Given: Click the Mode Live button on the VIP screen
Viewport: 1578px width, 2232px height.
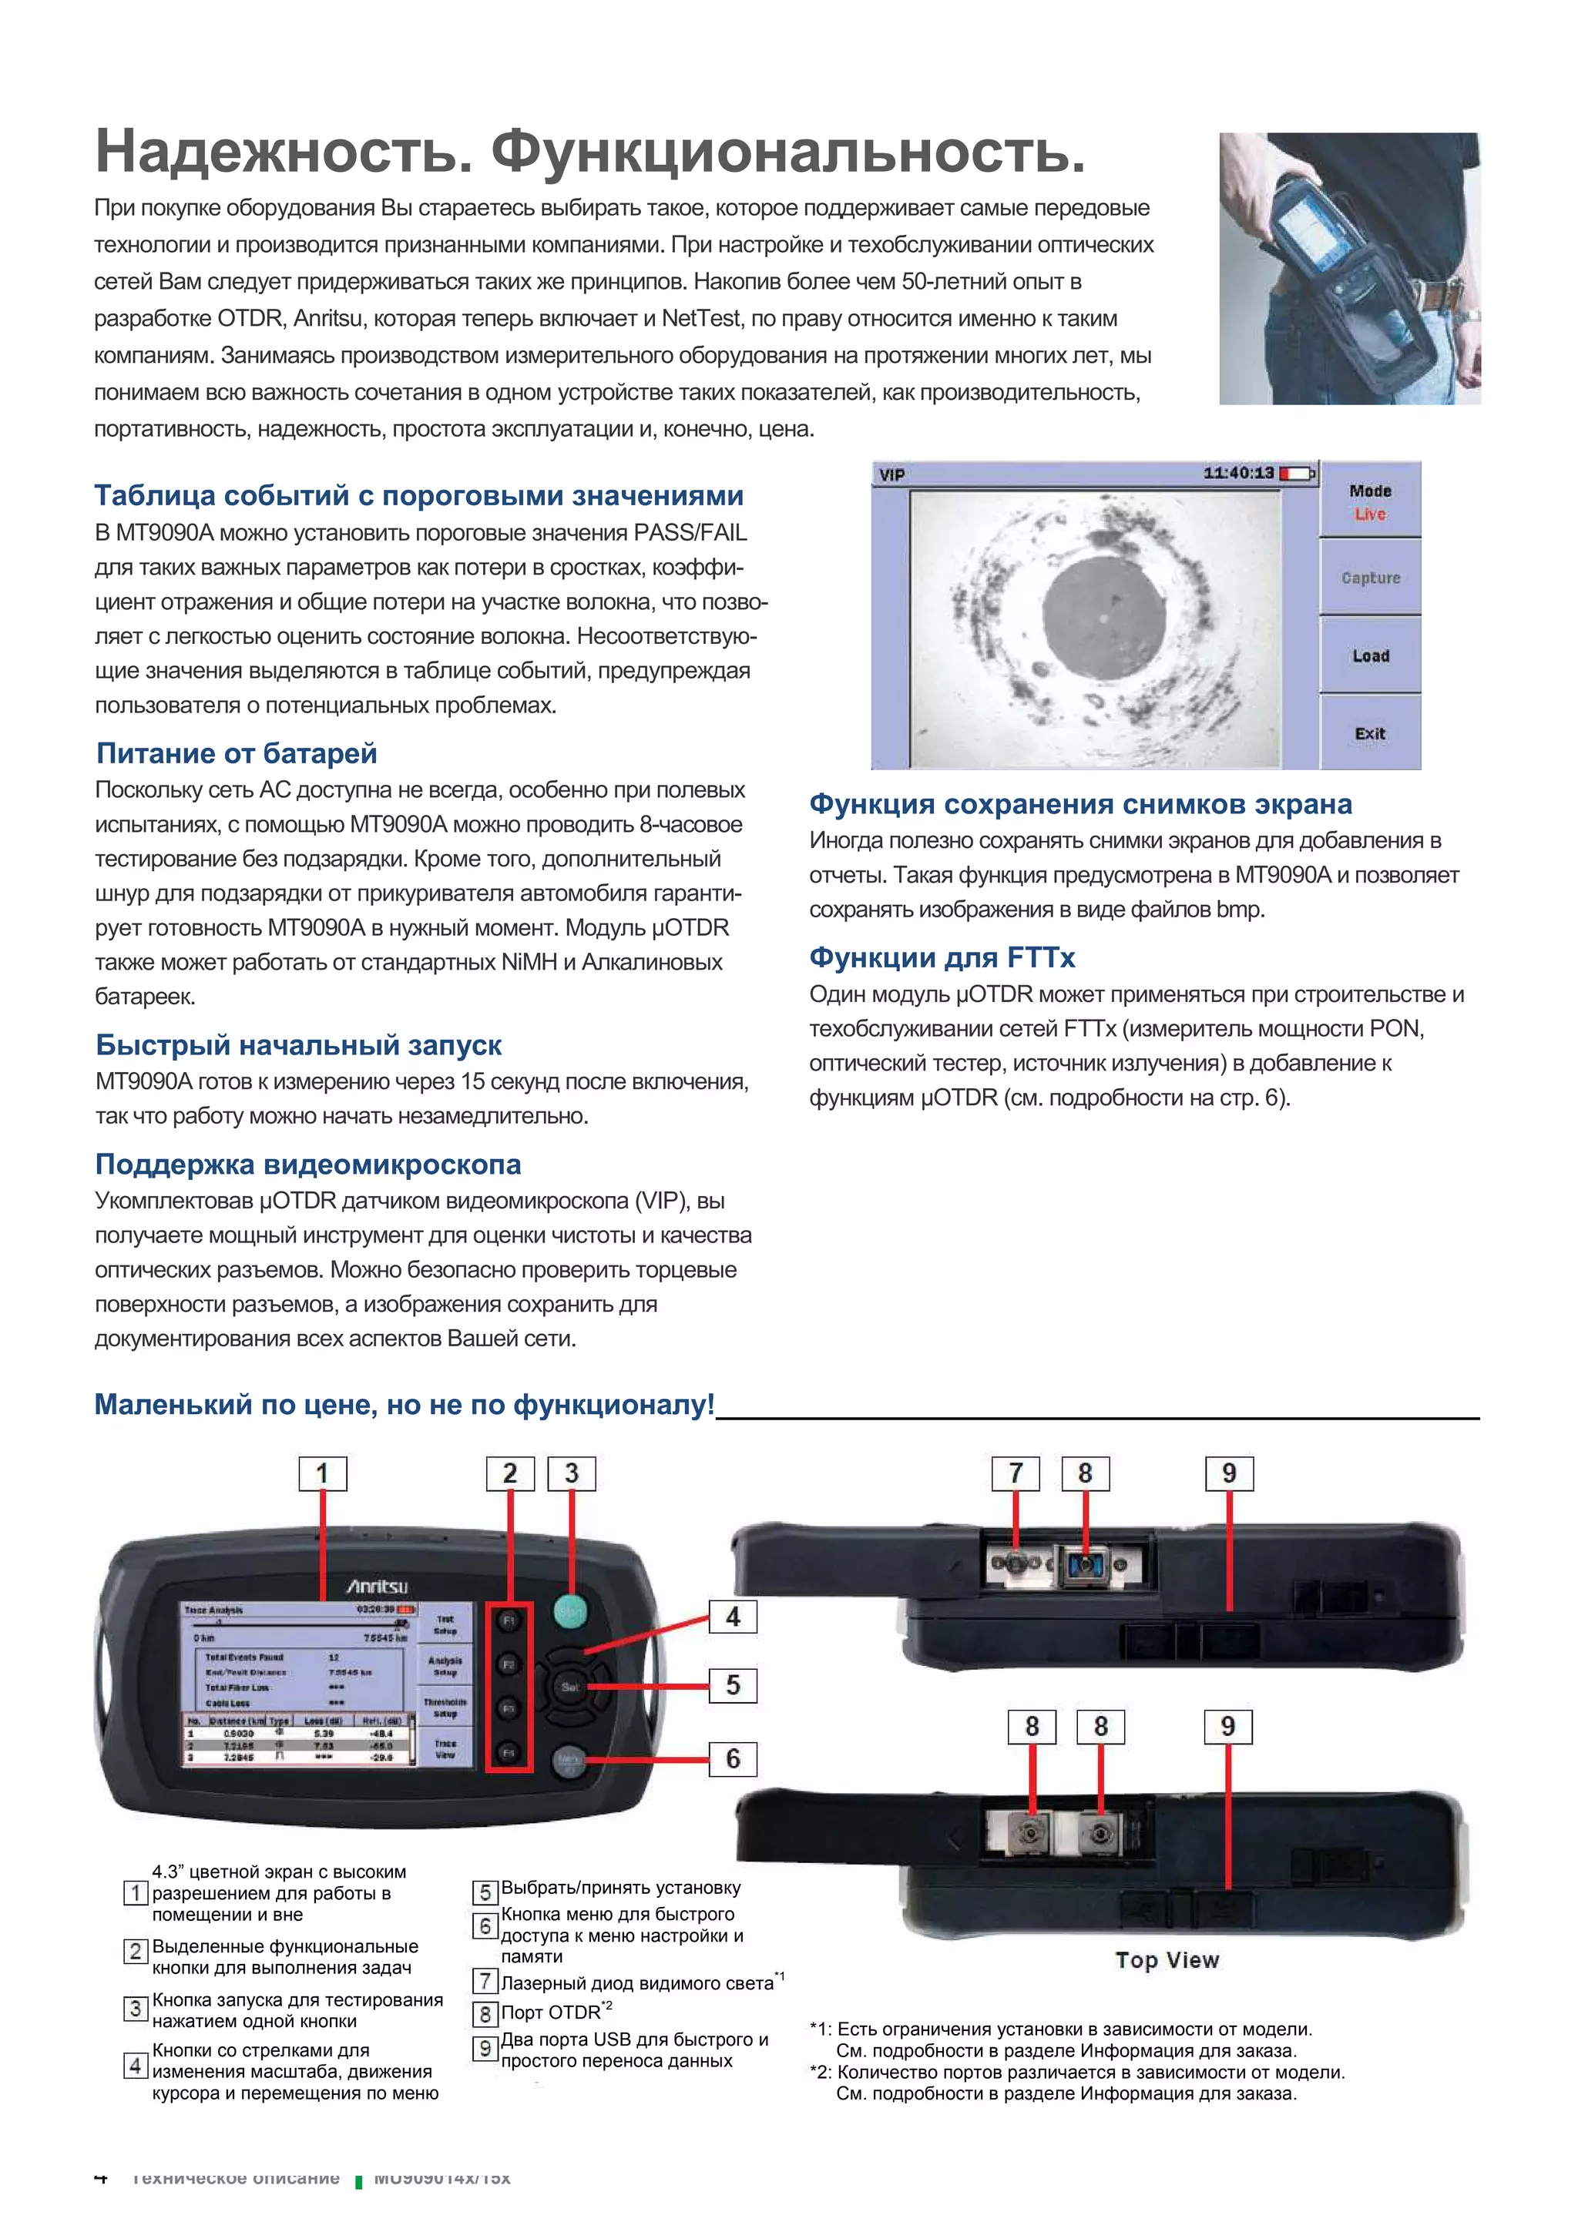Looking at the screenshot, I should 1369,501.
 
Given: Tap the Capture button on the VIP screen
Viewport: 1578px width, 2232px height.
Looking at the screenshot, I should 1369,578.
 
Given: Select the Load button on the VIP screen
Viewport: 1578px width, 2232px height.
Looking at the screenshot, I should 1369,656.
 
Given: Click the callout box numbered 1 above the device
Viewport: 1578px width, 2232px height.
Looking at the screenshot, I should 322,1473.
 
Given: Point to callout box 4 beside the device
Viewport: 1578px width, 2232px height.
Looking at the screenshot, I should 732,1617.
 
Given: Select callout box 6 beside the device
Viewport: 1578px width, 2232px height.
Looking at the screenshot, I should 732,1758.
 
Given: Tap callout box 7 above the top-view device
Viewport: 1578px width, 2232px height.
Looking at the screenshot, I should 1015,1473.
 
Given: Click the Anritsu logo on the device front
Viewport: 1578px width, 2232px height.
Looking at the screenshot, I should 378,1587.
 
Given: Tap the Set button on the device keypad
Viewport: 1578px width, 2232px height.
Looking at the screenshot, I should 569,1687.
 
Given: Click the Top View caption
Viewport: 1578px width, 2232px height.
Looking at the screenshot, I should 1166,1960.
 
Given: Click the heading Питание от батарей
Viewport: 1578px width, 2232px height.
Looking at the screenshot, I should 237,753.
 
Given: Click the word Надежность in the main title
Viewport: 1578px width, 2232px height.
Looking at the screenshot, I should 282,152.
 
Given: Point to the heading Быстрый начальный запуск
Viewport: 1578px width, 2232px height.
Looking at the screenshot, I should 297,1045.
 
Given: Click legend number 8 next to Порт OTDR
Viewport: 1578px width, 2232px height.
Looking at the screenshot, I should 484,2013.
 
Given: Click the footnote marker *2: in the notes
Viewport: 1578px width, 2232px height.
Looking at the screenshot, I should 821,2072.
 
